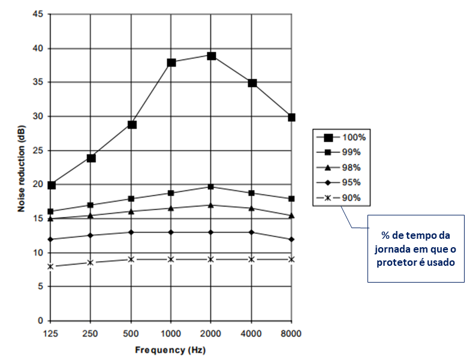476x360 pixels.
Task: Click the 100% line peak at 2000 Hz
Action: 212,56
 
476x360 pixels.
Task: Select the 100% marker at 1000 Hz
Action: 171,62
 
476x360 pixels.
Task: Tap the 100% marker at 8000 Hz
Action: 292,117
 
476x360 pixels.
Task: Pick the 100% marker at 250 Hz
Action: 91,158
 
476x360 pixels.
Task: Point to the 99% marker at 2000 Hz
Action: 212,187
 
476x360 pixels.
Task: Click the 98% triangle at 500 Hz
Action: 131,211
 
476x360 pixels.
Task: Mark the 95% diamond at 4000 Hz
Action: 252,232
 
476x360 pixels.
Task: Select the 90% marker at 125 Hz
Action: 51,266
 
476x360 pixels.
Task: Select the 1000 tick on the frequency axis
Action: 171,333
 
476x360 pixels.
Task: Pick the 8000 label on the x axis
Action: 292,333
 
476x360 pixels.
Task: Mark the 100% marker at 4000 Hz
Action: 252,83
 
